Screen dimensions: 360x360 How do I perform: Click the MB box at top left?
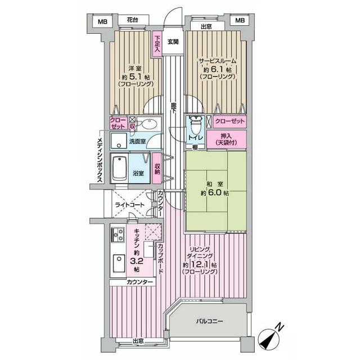[102, 21]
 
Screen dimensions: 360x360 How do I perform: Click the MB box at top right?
[240, 21]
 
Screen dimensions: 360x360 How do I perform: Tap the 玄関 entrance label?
[173, 42]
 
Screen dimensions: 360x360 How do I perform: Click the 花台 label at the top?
[132, 20]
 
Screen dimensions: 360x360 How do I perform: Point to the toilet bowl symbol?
[195, 123]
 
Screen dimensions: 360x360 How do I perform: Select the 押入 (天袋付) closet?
[226, 139]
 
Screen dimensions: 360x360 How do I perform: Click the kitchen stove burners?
[118, 233]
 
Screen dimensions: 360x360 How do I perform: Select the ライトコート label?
[128, 206]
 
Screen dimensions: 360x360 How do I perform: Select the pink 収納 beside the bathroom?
[157, 168]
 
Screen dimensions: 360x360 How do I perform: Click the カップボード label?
[160, 259]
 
